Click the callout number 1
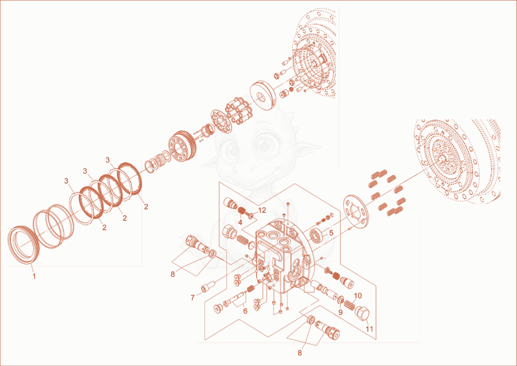pos(34,276)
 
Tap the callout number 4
pos(240,222)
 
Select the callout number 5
pos(331,232)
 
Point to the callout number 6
pos(245,311)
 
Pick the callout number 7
pos(193,298)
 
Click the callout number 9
pos(341,312)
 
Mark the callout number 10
pos(358,296)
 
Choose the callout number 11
pos(369,329)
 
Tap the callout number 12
pos(262,210)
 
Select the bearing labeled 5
pos(317,235)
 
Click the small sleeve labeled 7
pos(207,286)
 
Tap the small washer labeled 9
pos(341,300)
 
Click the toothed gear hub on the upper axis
pos(183,146)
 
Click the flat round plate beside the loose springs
pos(355,212)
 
